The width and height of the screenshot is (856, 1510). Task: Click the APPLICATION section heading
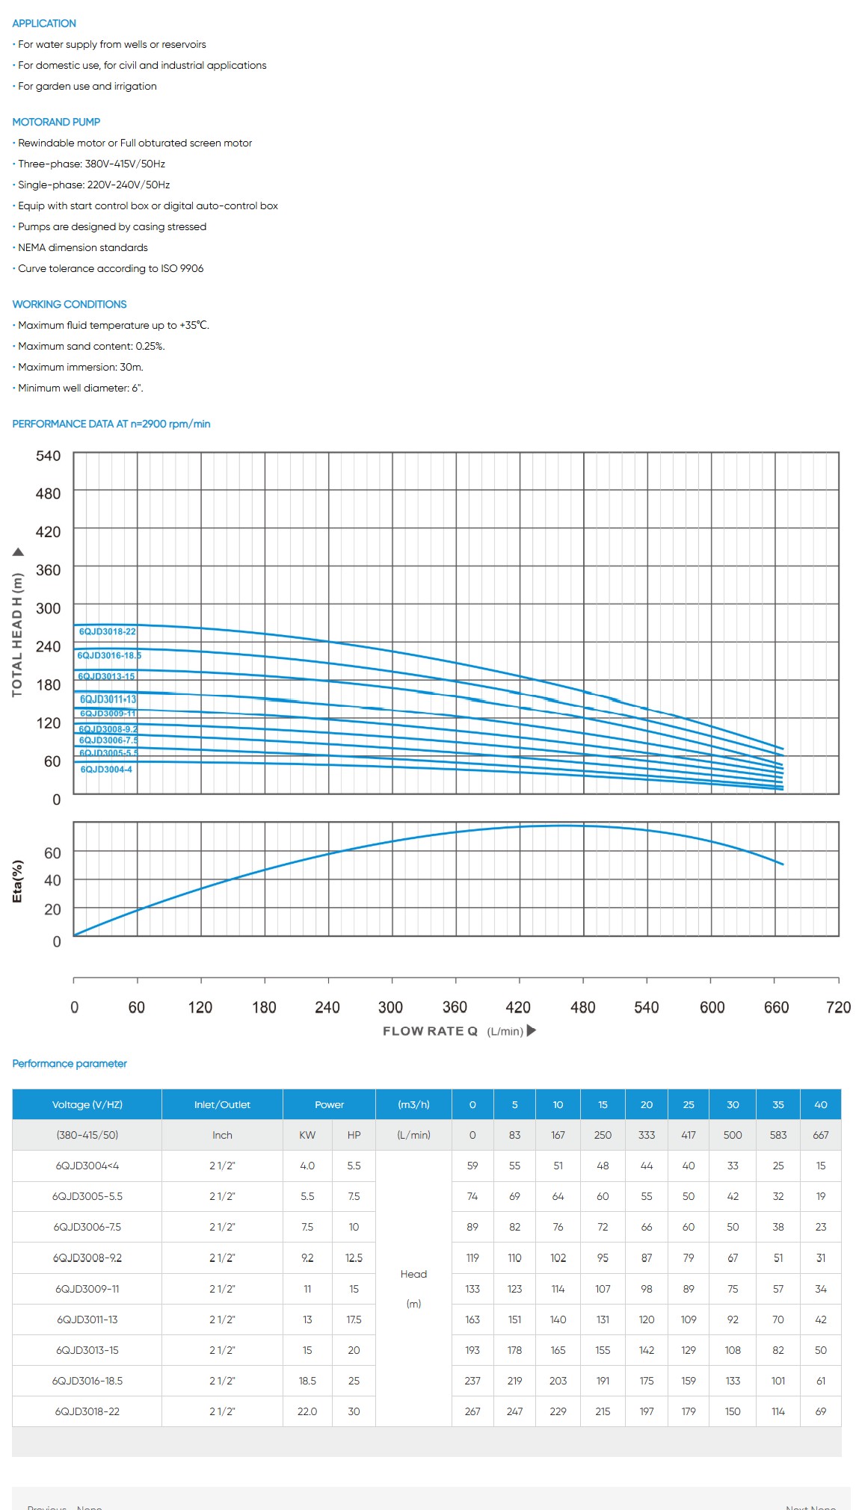44,23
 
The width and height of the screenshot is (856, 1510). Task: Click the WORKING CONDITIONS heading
70,304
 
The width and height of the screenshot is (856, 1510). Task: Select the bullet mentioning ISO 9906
111,268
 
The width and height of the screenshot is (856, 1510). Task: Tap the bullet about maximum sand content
91,346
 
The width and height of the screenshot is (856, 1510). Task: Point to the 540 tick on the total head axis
49,456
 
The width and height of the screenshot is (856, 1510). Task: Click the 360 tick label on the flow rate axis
455,1007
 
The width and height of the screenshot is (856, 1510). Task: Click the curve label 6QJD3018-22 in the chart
108,631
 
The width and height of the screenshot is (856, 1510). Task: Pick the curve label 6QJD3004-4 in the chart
106,769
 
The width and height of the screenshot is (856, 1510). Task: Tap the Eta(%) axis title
18,882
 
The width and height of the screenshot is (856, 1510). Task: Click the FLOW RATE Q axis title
430,1031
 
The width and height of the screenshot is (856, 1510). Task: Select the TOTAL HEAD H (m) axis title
17,634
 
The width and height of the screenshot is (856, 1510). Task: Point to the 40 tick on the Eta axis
52,880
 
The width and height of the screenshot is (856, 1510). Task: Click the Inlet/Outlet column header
222,1104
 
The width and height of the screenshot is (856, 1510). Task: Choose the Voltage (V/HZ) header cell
87,1104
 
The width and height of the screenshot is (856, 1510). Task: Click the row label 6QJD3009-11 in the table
87,1289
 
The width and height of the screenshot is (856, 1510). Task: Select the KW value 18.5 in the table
307,1381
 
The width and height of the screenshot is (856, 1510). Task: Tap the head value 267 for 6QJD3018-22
472,1411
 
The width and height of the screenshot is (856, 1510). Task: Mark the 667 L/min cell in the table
820,1135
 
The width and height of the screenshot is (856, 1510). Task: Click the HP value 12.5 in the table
354,1258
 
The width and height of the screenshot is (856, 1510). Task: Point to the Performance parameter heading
70,1063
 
